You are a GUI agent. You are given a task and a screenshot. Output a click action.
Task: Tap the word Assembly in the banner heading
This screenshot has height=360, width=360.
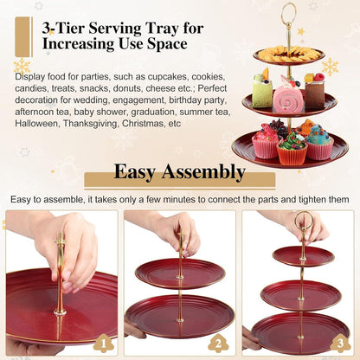(203, 172)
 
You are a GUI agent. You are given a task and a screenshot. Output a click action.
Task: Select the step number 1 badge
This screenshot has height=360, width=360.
(104, 343)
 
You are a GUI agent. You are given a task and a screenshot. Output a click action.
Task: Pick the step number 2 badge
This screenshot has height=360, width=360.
(218, 343)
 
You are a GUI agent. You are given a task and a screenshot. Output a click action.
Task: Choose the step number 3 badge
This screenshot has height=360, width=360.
(340, 343)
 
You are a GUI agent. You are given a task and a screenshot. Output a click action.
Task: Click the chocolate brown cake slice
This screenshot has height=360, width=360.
(314, 91)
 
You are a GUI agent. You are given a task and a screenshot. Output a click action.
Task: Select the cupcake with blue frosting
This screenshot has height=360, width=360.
(318, 143)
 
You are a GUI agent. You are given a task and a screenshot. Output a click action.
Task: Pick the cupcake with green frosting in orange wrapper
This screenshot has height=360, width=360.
(292, 149)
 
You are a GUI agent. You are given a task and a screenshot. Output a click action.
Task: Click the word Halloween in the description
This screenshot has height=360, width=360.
(36, 124)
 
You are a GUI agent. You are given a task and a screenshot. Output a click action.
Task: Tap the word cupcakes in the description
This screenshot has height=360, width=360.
(167, 77)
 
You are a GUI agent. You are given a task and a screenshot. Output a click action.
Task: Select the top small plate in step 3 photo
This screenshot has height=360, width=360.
(304, 256)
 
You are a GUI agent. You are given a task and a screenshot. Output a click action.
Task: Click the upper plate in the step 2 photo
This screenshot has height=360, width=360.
(180, 273)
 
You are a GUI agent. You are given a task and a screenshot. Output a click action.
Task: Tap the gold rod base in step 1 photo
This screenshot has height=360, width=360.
(60, 312)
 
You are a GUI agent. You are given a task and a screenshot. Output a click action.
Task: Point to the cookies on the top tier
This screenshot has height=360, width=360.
(288, 54)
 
